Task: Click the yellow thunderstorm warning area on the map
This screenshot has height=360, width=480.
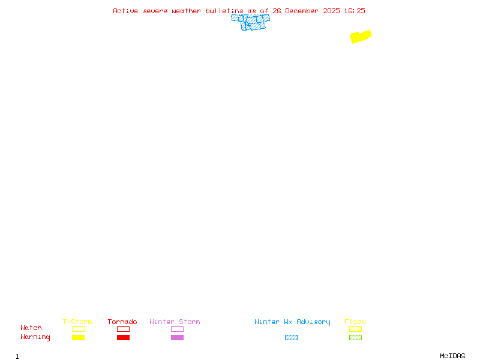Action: coord(361,37)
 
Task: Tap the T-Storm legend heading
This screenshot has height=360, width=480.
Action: coord(77,322)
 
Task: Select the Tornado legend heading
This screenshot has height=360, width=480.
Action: coord(122,322)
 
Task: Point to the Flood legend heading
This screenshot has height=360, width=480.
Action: coord(355,322)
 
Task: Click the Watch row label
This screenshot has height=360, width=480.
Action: coord(31,328)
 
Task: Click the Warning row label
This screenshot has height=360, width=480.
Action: coord(35,337)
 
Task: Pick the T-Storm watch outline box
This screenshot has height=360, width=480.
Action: coord(78,329)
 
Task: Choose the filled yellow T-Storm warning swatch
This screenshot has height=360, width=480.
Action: coord(78,338)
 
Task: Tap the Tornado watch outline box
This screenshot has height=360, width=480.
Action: coord(123,329)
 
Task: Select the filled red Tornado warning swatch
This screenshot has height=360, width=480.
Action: coord(123,338)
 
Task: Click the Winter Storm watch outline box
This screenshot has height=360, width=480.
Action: coord(177,329)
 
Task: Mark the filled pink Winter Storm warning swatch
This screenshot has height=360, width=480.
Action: coord(177,338)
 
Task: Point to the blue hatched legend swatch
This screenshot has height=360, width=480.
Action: coord(291,338)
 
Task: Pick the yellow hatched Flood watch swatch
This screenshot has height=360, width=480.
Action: coord(355,329)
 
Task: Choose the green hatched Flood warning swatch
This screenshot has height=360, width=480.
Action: coord(355,338)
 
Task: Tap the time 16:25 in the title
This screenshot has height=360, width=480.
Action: coord(354,11)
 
